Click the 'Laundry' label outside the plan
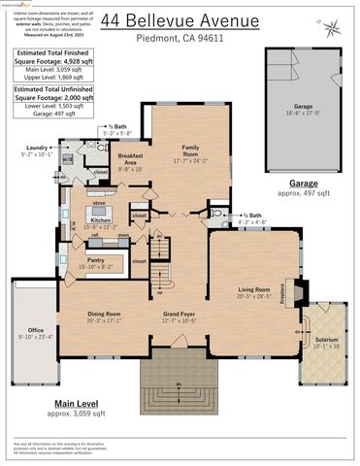click(33, 149)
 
